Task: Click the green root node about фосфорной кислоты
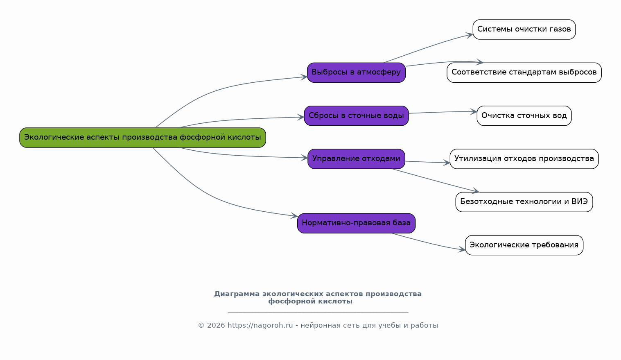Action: [142, 138]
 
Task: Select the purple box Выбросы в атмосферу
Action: [356, 72]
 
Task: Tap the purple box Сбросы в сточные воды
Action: [356, 116]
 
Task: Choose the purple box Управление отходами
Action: [356, 159]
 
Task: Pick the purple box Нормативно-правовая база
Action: [356, 223]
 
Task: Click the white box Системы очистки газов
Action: [524, 29]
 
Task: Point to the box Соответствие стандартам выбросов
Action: [524, 72]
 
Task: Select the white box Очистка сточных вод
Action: [524, 116]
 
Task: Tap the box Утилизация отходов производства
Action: [524, 159]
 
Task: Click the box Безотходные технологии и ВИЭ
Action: [524, 202]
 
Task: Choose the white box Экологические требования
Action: [524, 245]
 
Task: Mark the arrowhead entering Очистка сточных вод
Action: [474, 111]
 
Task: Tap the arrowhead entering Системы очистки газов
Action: [470, 34]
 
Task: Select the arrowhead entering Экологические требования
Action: [463, 249]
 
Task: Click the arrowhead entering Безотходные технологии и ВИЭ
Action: [476, 191]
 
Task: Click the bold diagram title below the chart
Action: [318, 298]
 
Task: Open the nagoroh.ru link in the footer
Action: [260, 326]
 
